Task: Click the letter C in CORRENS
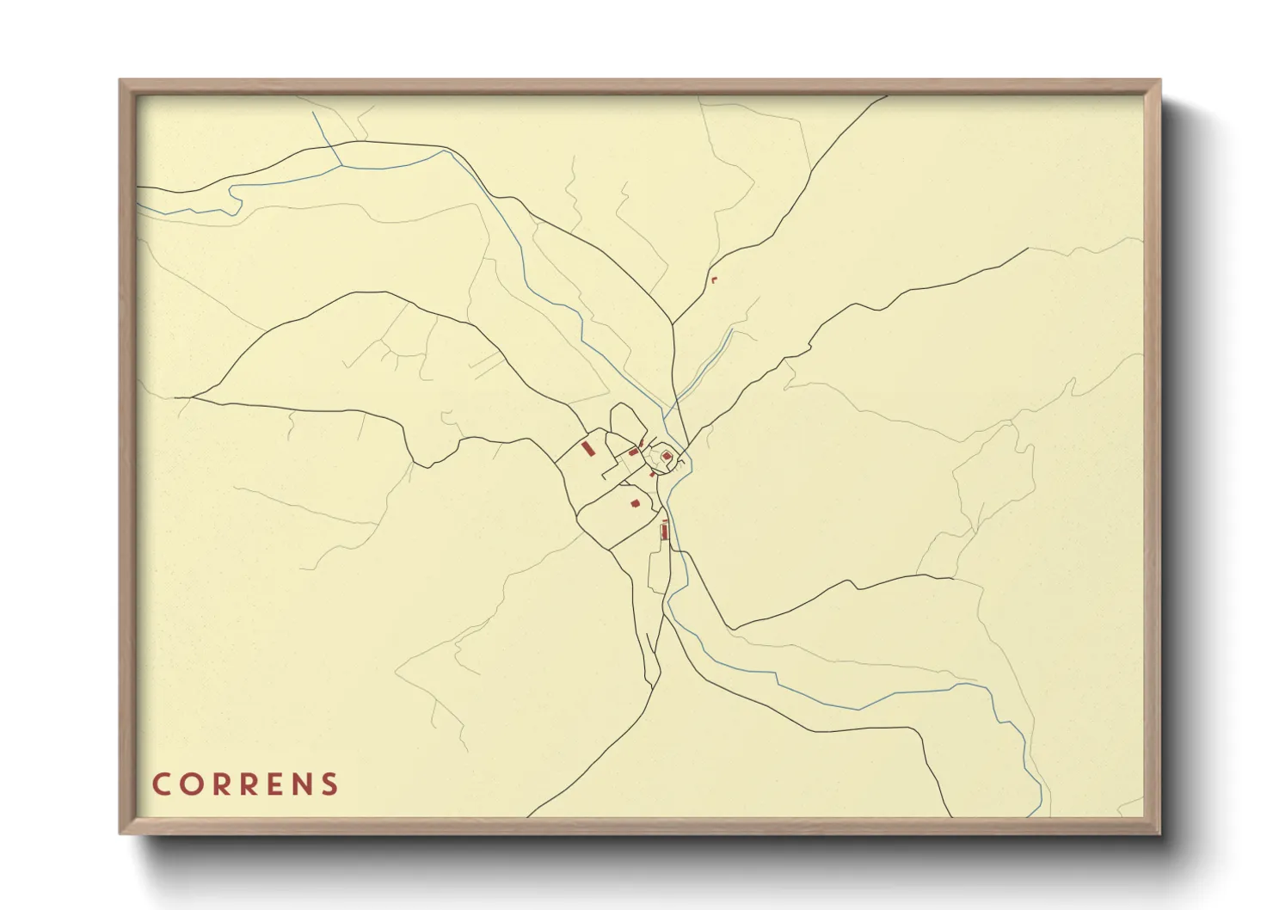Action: (162, 784)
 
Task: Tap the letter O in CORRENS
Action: (189, 784)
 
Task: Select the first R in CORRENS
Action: (218, 784)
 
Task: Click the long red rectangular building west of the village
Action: (589, 449)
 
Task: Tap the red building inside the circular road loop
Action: (667, 456)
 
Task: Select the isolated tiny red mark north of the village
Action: (713, 280)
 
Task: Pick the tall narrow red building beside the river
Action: (664, 530)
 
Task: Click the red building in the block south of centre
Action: (636, 503)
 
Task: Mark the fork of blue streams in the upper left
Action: (341, 164)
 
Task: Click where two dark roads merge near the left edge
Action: (191, 397)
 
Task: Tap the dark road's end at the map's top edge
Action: (886, 96)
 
